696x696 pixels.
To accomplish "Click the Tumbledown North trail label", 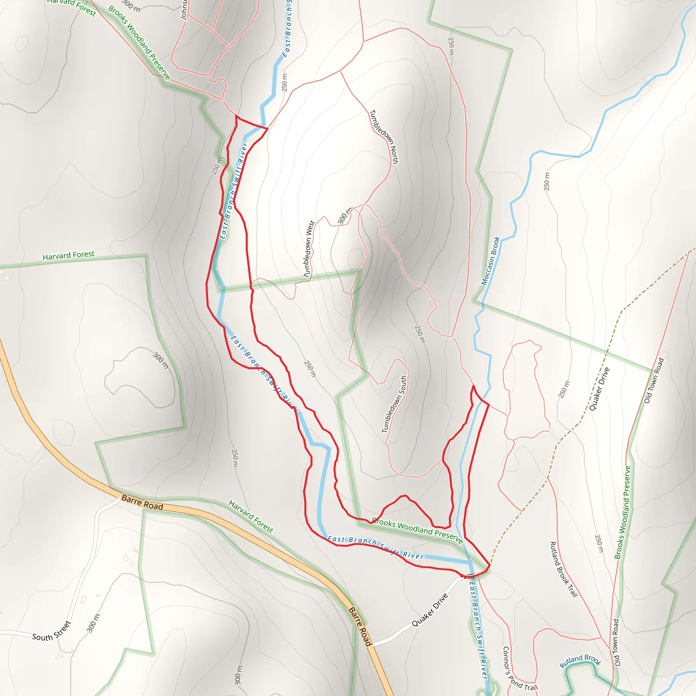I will (384, 137).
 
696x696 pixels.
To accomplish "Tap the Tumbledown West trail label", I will (309, 249).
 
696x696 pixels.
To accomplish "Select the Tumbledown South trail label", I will (394, 404).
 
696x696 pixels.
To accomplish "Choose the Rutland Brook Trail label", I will (564, 569).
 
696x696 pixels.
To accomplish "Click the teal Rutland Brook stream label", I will (580, 660).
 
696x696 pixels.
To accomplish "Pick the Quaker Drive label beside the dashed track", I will (599, 389).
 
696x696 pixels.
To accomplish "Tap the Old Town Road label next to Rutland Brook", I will (617, 643).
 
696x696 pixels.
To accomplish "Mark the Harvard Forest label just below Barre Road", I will (251, 516).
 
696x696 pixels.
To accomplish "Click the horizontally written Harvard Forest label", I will (68, 256).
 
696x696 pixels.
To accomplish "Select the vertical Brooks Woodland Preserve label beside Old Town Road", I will (623, 512).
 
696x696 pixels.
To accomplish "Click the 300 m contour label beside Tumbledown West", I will (344, 215).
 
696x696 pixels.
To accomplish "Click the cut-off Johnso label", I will (184, 10).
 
